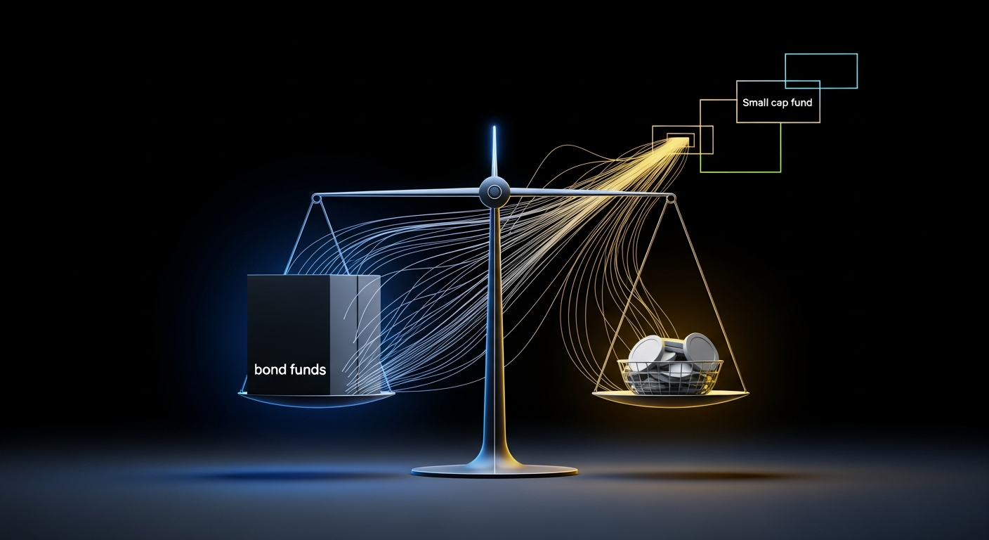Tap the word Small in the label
(754, 103)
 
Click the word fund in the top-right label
(801, 103)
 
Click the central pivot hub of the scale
(494, 192)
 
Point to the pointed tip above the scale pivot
(494, 127)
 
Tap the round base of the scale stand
(494, 470)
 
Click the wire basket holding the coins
(670, 377)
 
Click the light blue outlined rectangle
(821, 71)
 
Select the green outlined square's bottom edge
(740, 172)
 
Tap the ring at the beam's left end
(317, 198)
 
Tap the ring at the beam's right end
(671, 198)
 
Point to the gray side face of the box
(355, 335)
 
